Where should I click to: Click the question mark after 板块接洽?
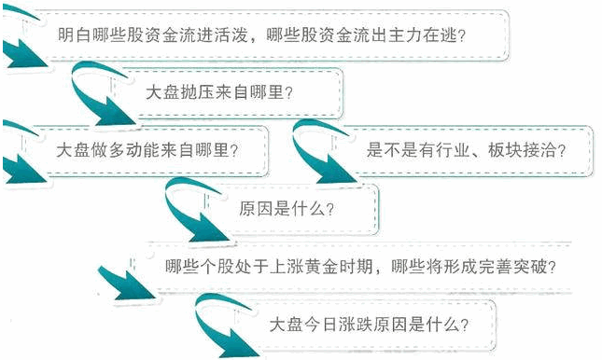[561, 150]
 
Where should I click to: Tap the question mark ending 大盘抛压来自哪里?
[288, 93]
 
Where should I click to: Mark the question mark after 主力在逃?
[461, 35]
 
